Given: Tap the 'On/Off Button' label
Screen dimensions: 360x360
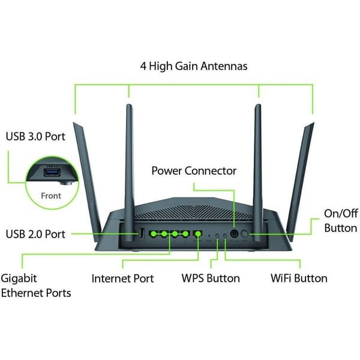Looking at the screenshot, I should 340,221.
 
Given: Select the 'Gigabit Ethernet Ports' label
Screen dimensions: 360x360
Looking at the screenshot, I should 36,285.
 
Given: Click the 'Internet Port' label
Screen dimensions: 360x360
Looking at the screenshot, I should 122,278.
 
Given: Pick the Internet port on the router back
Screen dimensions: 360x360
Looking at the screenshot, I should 198,233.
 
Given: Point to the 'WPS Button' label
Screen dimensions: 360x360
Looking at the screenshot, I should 211,278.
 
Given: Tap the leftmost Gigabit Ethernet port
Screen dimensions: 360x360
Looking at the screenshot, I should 153,233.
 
